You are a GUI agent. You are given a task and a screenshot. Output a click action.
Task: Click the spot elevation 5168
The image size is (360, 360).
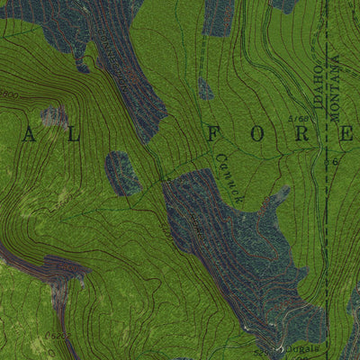(x=299, y=118)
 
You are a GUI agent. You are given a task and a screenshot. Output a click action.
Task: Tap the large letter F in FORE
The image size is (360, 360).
(x=212, y=135)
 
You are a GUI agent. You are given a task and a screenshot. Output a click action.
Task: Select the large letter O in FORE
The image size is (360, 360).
(x=257, y=135)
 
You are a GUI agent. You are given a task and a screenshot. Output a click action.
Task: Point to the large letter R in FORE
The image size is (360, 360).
(x=302, y=135)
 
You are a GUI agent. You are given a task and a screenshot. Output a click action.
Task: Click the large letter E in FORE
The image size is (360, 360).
(x=346, y=135)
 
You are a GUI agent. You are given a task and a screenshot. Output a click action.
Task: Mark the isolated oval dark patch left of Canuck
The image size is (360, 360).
(x=122, y=172)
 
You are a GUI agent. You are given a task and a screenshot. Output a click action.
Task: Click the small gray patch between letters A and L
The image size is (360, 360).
(x=54, y=115)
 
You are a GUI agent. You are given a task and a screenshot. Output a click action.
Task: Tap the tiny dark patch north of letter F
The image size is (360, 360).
(x=206, y=88)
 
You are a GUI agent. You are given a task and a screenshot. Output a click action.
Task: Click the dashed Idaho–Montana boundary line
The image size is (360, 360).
(x=325, y=225)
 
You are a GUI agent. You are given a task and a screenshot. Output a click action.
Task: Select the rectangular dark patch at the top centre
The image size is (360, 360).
(x=218, y=16)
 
